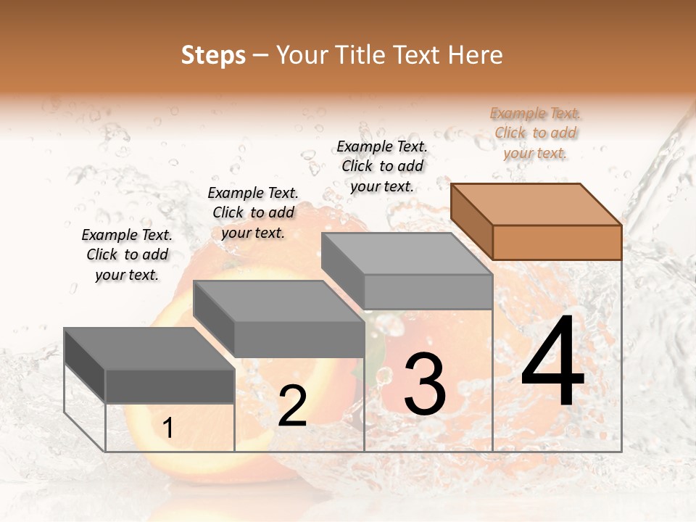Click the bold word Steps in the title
pyautogui.click(x=213, y=55)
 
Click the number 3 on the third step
pyautogui.click(x=425, y=384)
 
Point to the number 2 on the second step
pyautogui.click(x=292, y=406)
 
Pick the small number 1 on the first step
pyautogui.click(x=168, y=428)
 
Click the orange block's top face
pyautogui.click(x=535, y=204)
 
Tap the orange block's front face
pyautogui.click(x=557, y=242)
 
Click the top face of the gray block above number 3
pyautogui.click(x=406, y=254)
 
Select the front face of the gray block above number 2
pyautogui.click(x=299, y=339)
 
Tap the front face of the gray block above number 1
pyautogui.click(x=170, y=386)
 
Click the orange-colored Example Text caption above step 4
pyautogui.click(x=535, y=133)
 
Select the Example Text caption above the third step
pyautogui.click(x=382, y=166)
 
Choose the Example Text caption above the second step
pyautogui.click(x=253, y=212)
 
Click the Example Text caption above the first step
pyautogui.click(x=127, y=254)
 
